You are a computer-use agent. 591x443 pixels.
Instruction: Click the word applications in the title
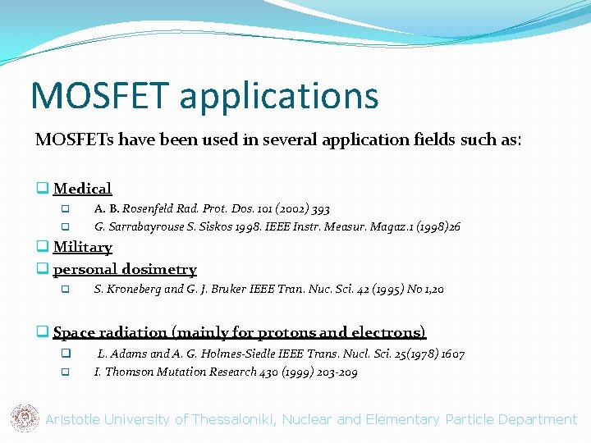[x=278, y=97]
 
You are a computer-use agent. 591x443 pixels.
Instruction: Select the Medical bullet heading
[x=82, y=189]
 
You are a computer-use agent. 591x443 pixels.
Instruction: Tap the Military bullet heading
[x=82, y=247]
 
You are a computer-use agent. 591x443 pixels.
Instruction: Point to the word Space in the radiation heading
[x=74, y=332]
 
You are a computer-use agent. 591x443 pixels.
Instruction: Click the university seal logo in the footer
[x=25, y=418]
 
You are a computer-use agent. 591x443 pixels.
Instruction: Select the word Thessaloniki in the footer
[x=231, y=419]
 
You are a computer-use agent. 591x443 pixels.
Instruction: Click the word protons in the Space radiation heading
[x=286, y=332]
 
